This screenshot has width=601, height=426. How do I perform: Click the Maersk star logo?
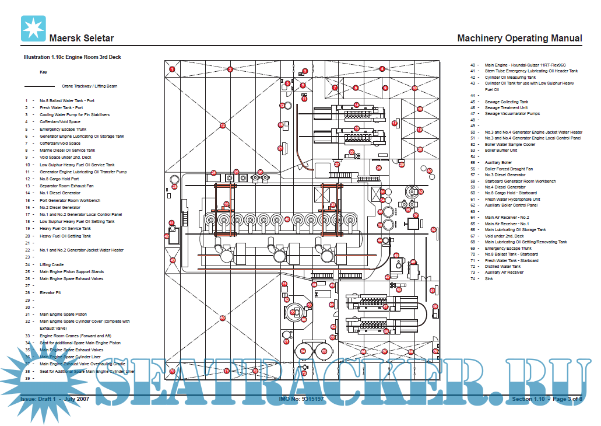pos(33,29)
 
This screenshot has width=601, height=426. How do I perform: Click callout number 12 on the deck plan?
pos(222,125)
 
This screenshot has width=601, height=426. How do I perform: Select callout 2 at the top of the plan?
pos(230,69)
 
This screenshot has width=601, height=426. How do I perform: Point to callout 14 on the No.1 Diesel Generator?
pos(356,105)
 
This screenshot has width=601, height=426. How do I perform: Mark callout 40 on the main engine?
pos(287,219)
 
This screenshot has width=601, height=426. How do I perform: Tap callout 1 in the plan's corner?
pos(172,69)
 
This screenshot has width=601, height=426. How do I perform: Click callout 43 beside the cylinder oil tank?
pos(173,260)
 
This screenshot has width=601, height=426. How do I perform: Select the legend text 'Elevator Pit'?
pos(51,293)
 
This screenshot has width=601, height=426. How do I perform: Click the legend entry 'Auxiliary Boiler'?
pos(498,162)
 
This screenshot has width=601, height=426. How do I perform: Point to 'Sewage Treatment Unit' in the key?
pos(506,107)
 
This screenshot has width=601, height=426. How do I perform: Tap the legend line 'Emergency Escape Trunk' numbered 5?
pos(63,129)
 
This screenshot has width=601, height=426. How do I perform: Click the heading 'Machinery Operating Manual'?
pos(519,38)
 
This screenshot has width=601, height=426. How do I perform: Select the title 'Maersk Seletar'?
pos(81,39)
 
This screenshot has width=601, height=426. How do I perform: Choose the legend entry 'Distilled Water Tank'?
pos(502,266)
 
